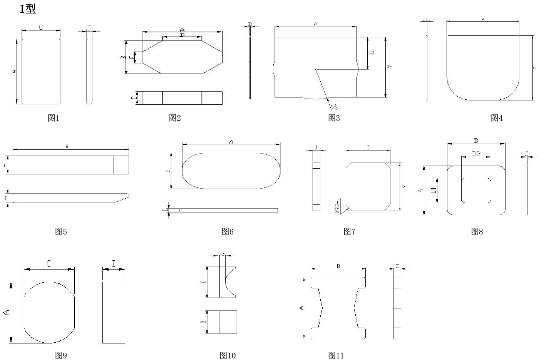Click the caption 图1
pos(54,118)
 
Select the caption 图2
pos(175,118)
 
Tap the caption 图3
pos(334,118)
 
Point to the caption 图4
pos(497,118)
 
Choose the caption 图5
pos(61,231)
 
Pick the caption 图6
pos(228,231)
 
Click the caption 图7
pos(349,231)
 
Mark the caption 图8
pos(477,231)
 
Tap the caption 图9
pos(61,355)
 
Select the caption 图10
pos(228,355)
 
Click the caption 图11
pos(336,355)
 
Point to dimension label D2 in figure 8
pos(476,154)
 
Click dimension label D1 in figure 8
pos(433,190)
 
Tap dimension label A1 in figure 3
pos(389,67)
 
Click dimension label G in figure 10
pos(223,254)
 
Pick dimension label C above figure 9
pos(49,264)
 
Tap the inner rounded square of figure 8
pos(476,190)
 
